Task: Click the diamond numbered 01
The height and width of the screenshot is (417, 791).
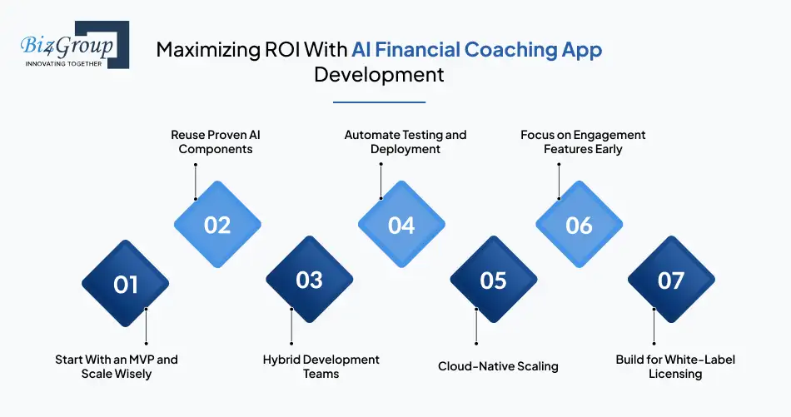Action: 125,283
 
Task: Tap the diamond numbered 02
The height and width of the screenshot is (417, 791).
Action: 217,225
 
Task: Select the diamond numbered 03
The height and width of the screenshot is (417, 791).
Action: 309,280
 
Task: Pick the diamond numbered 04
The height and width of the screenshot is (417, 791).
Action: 401,225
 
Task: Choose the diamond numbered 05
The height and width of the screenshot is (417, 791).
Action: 494,280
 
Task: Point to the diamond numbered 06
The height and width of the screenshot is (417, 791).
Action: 580,225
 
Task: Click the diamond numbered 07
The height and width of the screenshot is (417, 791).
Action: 671,280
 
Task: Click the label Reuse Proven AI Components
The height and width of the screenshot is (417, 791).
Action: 216,141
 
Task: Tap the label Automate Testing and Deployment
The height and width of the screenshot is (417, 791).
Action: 405,141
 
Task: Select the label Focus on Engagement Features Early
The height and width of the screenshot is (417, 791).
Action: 583,141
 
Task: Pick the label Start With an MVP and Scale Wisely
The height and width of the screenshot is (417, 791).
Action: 117,366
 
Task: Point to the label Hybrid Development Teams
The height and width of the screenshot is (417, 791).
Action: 321,366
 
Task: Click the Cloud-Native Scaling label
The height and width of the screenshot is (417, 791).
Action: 498,366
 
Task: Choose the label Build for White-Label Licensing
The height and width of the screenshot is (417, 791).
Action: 675,366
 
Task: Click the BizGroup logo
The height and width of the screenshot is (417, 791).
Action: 75,44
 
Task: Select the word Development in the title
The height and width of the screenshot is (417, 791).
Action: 379,75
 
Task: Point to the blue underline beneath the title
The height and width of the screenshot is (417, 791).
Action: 380,102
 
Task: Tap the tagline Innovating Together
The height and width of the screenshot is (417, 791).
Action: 63,63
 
